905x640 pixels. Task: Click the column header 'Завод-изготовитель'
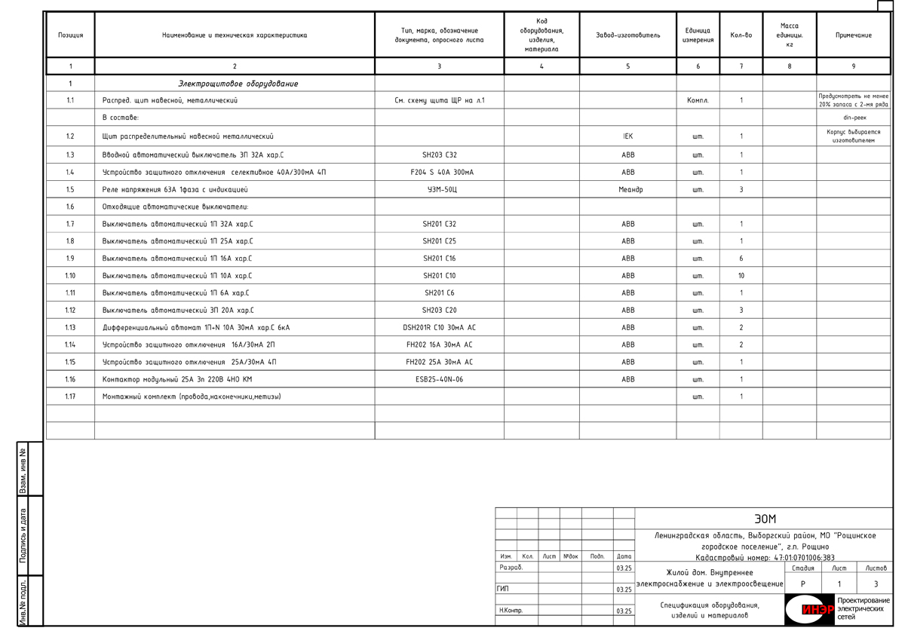point(627,35)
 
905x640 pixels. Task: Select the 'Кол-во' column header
point(741,35)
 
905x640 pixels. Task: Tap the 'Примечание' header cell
point(853,35)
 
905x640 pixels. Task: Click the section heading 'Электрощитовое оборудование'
point(238,84)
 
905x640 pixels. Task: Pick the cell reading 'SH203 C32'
point(440,155)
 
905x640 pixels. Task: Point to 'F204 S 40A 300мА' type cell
point(440,173)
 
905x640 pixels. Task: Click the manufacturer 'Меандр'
point(628,190)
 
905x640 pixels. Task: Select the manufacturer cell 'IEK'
point(628,136)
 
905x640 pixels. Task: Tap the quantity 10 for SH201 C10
point(741,276)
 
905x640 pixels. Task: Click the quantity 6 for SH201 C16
point(741,259)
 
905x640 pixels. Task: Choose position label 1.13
point(70,328)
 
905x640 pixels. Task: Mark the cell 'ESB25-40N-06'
point(440,380)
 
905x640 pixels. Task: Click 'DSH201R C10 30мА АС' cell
point(440,328)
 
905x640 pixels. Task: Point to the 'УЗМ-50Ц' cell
point(440,190)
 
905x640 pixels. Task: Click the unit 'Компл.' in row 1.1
point(698,100)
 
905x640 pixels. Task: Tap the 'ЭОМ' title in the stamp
point(765,519)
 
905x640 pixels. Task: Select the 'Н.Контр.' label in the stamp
point(511,611)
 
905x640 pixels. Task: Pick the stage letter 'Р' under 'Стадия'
point(802,584)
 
